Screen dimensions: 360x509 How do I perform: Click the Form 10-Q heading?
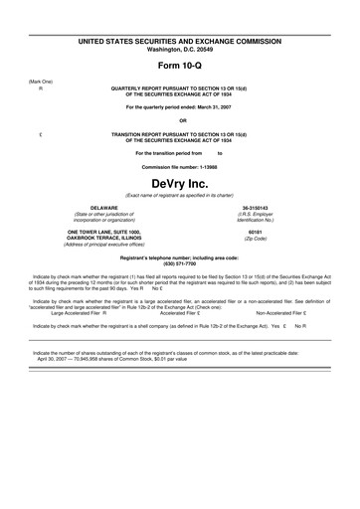coord(181,65)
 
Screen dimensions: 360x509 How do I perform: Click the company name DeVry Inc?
coord(180,185)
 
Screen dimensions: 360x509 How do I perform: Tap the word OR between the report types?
coord(181,120)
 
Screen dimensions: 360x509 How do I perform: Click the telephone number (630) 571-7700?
coord(180,262)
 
